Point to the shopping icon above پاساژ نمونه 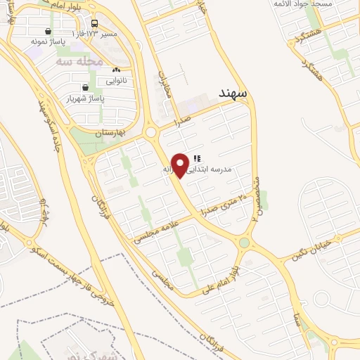coord(47,32)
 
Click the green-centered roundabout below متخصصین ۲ coord(244,243)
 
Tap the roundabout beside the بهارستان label coord(151,132)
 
